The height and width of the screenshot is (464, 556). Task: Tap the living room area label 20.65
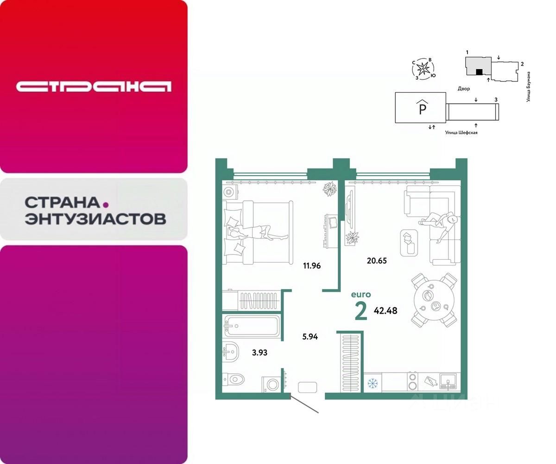tap(376, 261)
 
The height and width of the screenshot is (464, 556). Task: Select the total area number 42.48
tap(385, 310)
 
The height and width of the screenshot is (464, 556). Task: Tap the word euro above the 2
tap(360, 294)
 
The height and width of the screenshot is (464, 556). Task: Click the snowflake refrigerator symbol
tap(372, 384)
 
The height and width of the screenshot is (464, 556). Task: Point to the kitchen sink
tap(449, 382)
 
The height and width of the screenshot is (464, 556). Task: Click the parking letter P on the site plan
tap(422, 110)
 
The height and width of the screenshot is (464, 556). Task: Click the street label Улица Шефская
tap(461, 133)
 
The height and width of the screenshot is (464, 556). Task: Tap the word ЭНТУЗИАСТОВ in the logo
tap(95, 219)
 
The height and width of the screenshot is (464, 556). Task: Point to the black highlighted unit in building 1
tap(480, 71)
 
